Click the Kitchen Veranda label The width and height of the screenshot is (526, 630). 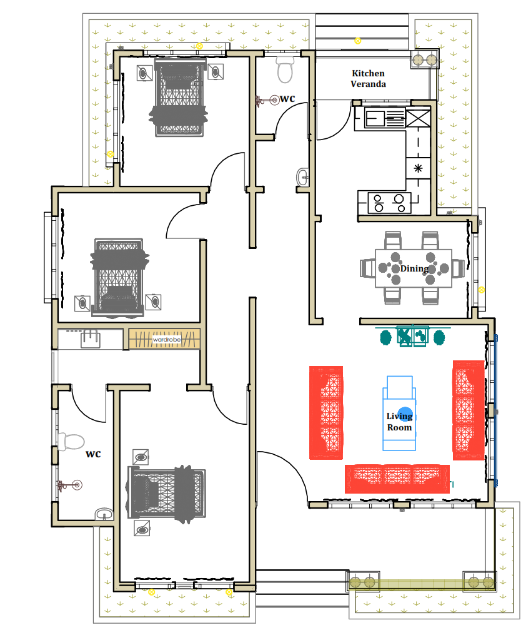click(368, 79)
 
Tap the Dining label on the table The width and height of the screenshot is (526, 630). click(414, 268)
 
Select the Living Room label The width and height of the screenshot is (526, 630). click(399, 422)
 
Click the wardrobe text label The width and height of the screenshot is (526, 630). click(167, 340)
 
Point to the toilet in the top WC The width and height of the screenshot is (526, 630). click(285, 69)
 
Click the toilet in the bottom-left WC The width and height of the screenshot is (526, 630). click(71, 441)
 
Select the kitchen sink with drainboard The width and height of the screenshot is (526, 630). click(385, 118)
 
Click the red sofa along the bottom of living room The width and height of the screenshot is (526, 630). click(397, 479)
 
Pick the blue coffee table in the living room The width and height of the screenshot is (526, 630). click(399, 414)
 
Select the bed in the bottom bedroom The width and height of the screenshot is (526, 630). click(167, 493)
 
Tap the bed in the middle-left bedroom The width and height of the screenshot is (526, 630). click(119, 277)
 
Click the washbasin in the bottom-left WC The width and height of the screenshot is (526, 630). click(104, 514)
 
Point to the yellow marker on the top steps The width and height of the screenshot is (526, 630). click(357, 41)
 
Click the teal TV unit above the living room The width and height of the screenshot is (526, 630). click(412, 337)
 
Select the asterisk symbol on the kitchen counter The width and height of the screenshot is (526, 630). click(418, 168)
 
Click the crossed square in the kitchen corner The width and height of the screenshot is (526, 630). click(418, 118)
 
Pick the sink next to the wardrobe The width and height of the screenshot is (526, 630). click(91, 338)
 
